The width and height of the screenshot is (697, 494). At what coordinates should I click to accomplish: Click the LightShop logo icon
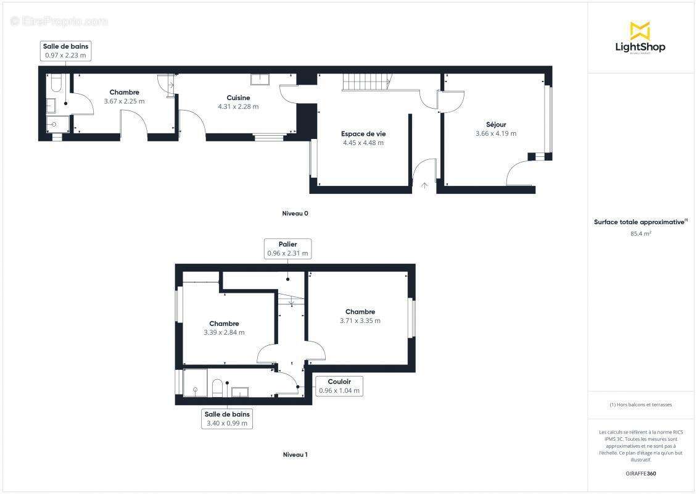click(640, 30)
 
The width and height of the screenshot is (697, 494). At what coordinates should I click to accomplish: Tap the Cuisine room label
click(238, 98)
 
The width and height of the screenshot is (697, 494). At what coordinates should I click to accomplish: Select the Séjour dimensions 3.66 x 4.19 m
click(496, 133)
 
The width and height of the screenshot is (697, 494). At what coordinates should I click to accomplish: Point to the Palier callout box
click(287, 248)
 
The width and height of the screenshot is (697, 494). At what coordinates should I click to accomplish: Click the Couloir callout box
click(339, 386)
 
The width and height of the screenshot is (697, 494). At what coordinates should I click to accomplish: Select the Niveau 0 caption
click(295, 214)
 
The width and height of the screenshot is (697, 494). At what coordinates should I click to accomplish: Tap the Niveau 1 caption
click(295, 454)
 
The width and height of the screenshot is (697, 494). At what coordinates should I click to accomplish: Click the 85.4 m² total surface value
click(641, 234)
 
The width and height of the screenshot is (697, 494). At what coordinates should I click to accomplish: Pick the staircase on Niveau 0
click(367, 82)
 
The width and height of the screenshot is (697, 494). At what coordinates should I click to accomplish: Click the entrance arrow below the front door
click(424, 185)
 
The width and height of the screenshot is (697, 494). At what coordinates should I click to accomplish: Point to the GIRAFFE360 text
click(641, 474)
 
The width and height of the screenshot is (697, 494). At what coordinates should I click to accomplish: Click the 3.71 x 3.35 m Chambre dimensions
click(360, 320)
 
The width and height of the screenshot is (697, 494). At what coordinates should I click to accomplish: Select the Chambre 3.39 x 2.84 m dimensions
click(224, 332)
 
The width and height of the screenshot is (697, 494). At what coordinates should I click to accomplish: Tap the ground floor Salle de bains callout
click(65, 51)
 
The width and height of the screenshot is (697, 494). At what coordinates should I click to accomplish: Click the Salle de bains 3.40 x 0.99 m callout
click(228, 419)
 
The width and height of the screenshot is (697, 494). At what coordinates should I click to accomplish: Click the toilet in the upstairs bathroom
click(217, 388)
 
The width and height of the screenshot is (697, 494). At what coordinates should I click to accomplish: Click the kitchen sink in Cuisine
click(260, 79)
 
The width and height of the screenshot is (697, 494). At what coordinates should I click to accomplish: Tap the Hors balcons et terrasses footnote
click(641, 405)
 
